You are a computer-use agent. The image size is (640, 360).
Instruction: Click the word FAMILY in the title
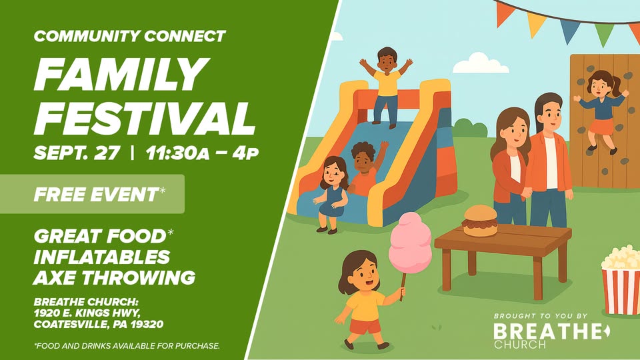coord(121,74)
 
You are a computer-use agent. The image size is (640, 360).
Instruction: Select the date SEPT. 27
coord(77,153)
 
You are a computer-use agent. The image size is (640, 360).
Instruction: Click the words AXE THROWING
coord(114,277)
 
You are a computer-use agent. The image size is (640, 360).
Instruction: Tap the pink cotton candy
coord(409,244)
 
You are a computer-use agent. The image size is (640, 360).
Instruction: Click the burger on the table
coord(479,221)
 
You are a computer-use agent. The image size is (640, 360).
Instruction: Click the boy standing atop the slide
coord(386,87)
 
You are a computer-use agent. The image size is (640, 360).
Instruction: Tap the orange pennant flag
coord(504,13)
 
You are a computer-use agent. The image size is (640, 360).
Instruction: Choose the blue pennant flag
coord(570,31)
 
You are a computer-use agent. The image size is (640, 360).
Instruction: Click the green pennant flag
coord(604,33)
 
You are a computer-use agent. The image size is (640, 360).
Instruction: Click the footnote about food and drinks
coord(127,346)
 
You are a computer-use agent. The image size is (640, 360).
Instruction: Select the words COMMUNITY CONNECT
coord(130,36)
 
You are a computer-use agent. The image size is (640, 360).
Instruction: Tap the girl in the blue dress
coord(332,195)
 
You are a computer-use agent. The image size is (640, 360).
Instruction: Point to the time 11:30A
coord(177,153)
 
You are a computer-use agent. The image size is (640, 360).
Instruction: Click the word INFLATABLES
coord(101,257)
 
